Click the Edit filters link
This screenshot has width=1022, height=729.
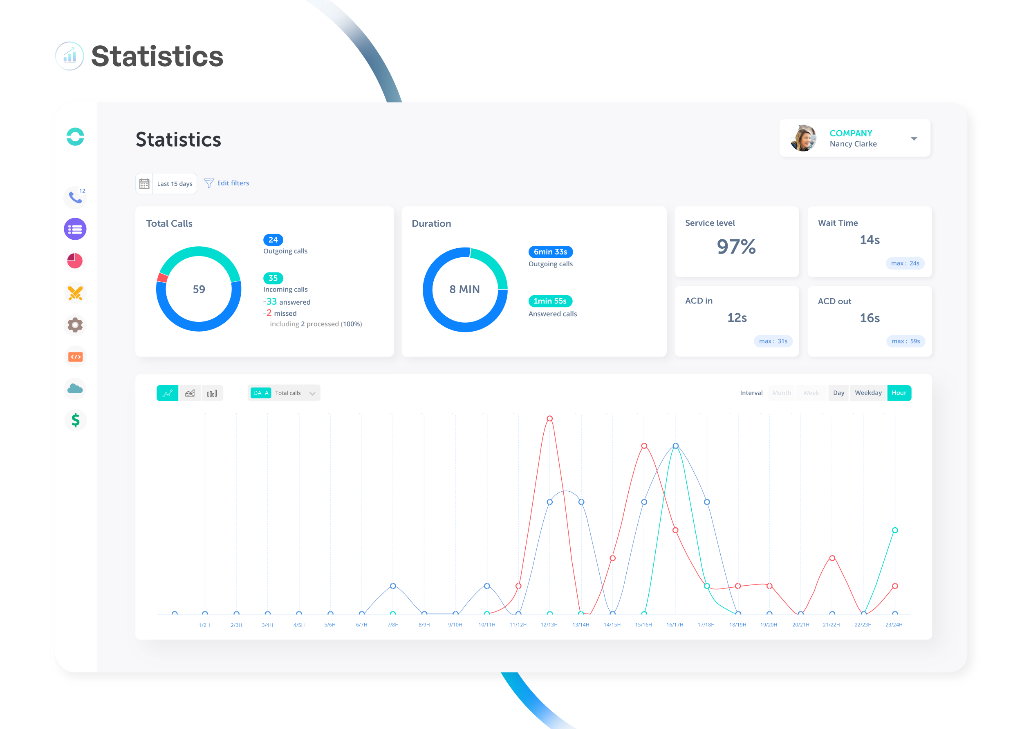click(x=232, y=183)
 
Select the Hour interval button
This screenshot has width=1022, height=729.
click(x=899, y=393)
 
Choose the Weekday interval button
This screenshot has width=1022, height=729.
click(x=868, y=393)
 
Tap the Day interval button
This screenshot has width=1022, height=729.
click(x=838, y=393)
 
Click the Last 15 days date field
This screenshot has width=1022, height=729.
click(x=174, y=184)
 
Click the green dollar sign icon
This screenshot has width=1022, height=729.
click(x=75, y=420)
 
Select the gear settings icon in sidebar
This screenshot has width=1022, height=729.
click(x=75, y=325)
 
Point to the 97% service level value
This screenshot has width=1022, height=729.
click(x=736, y=246)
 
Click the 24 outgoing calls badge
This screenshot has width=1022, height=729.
click(x=273, y=240)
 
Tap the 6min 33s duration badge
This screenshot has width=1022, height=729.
click(x=550, y=252)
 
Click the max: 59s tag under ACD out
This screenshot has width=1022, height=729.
click(x=905, y=341)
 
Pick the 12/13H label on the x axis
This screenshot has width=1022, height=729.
click(x=549, y=625)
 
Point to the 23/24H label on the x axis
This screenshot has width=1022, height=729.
click(x=894, y=625)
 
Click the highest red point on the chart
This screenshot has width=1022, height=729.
click(x=549, y=418)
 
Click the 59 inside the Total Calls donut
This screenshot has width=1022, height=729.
click(x=199, y=290)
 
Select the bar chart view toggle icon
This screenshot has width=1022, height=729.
click(x=212, y=393)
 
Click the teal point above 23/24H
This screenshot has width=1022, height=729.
click(x=894, y=530)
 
